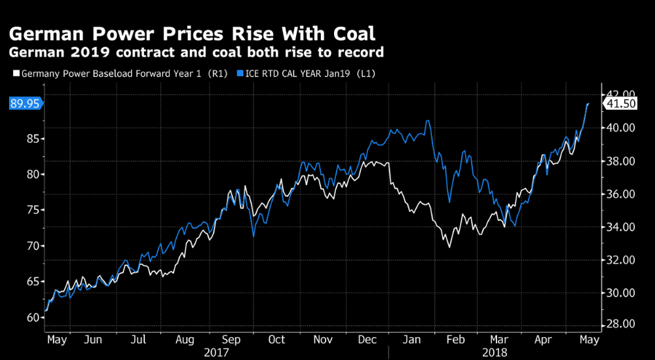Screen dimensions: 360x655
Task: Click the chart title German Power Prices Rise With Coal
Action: tap(192, 33)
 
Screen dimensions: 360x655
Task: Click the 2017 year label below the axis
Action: tap(217, 352)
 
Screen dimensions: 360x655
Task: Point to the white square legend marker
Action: tap(16, 74)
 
